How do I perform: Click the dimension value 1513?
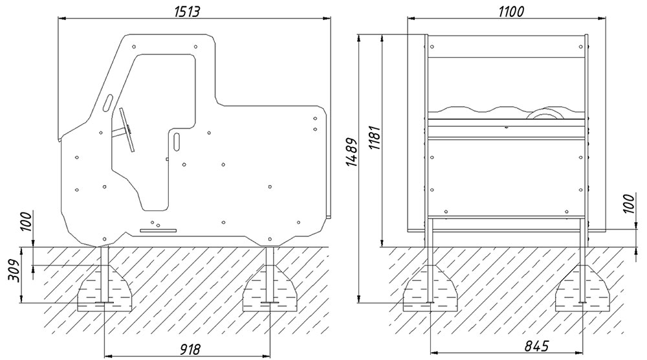click(187, 11)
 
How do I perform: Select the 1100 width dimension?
click(511, 11)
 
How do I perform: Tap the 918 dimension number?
click(190, 349)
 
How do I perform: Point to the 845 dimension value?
click(537, 346)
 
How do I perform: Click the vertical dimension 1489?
click(352, 152)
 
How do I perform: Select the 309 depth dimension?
click(14, 271)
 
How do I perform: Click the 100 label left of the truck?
click(26, 221)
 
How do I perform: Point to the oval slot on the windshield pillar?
click(107, 102)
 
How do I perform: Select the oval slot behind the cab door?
click(177, 141)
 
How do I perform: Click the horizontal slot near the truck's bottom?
click(158, 231)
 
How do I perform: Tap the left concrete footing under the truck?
click(105, 289)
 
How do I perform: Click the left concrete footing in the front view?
click(430, 289)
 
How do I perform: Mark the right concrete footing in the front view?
click(582, 289)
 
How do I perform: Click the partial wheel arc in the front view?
click(547, 111)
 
